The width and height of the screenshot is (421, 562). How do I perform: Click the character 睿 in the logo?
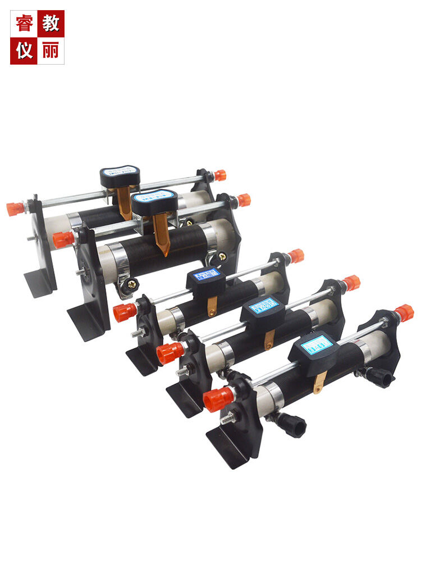tap(24, 24)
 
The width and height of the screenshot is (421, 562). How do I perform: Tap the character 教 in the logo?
tap(51, 24)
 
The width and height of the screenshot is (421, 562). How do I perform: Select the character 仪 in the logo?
tap(24, 51)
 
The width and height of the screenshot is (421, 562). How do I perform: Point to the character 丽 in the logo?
tap(51, 51)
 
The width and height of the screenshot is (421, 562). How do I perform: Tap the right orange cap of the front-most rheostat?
tap(404, 312)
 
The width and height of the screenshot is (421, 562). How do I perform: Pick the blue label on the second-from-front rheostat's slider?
tap(264, 306)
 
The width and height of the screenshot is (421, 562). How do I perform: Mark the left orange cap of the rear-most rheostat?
tap(16, 209)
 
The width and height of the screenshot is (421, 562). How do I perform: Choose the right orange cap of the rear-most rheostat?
tap(220, 175)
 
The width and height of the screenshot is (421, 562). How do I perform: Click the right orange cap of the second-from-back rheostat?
tap(244, 200)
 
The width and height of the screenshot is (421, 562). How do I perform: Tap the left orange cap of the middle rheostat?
tap(125, 312)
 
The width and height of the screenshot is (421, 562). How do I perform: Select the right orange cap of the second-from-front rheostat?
tap(351, 282)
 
